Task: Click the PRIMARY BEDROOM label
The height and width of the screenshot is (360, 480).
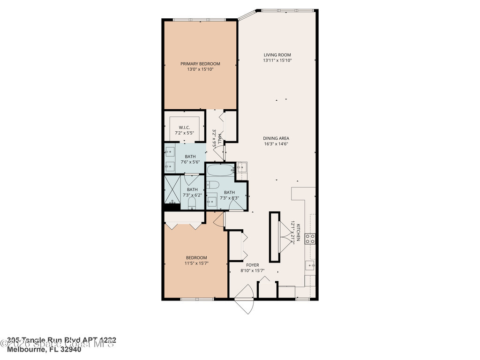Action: tap(200, 64)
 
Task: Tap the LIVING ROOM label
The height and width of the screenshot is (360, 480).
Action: tap(277, 55)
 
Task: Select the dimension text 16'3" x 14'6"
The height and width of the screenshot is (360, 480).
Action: tap(276, 144)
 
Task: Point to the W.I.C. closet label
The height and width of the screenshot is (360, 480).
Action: tap(184, 127)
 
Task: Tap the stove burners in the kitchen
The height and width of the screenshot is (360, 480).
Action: tap(310, 239)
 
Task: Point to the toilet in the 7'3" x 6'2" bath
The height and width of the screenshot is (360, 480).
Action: tap(191, 202)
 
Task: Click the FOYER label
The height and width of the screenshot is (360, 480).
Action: tap(253, 265)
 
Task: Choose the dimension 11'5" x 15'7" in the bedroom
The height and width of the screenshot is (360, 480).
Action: tap(196, 263)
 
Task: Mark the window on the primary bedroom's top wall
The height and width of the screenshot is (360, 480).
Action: tap(200, 20)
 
